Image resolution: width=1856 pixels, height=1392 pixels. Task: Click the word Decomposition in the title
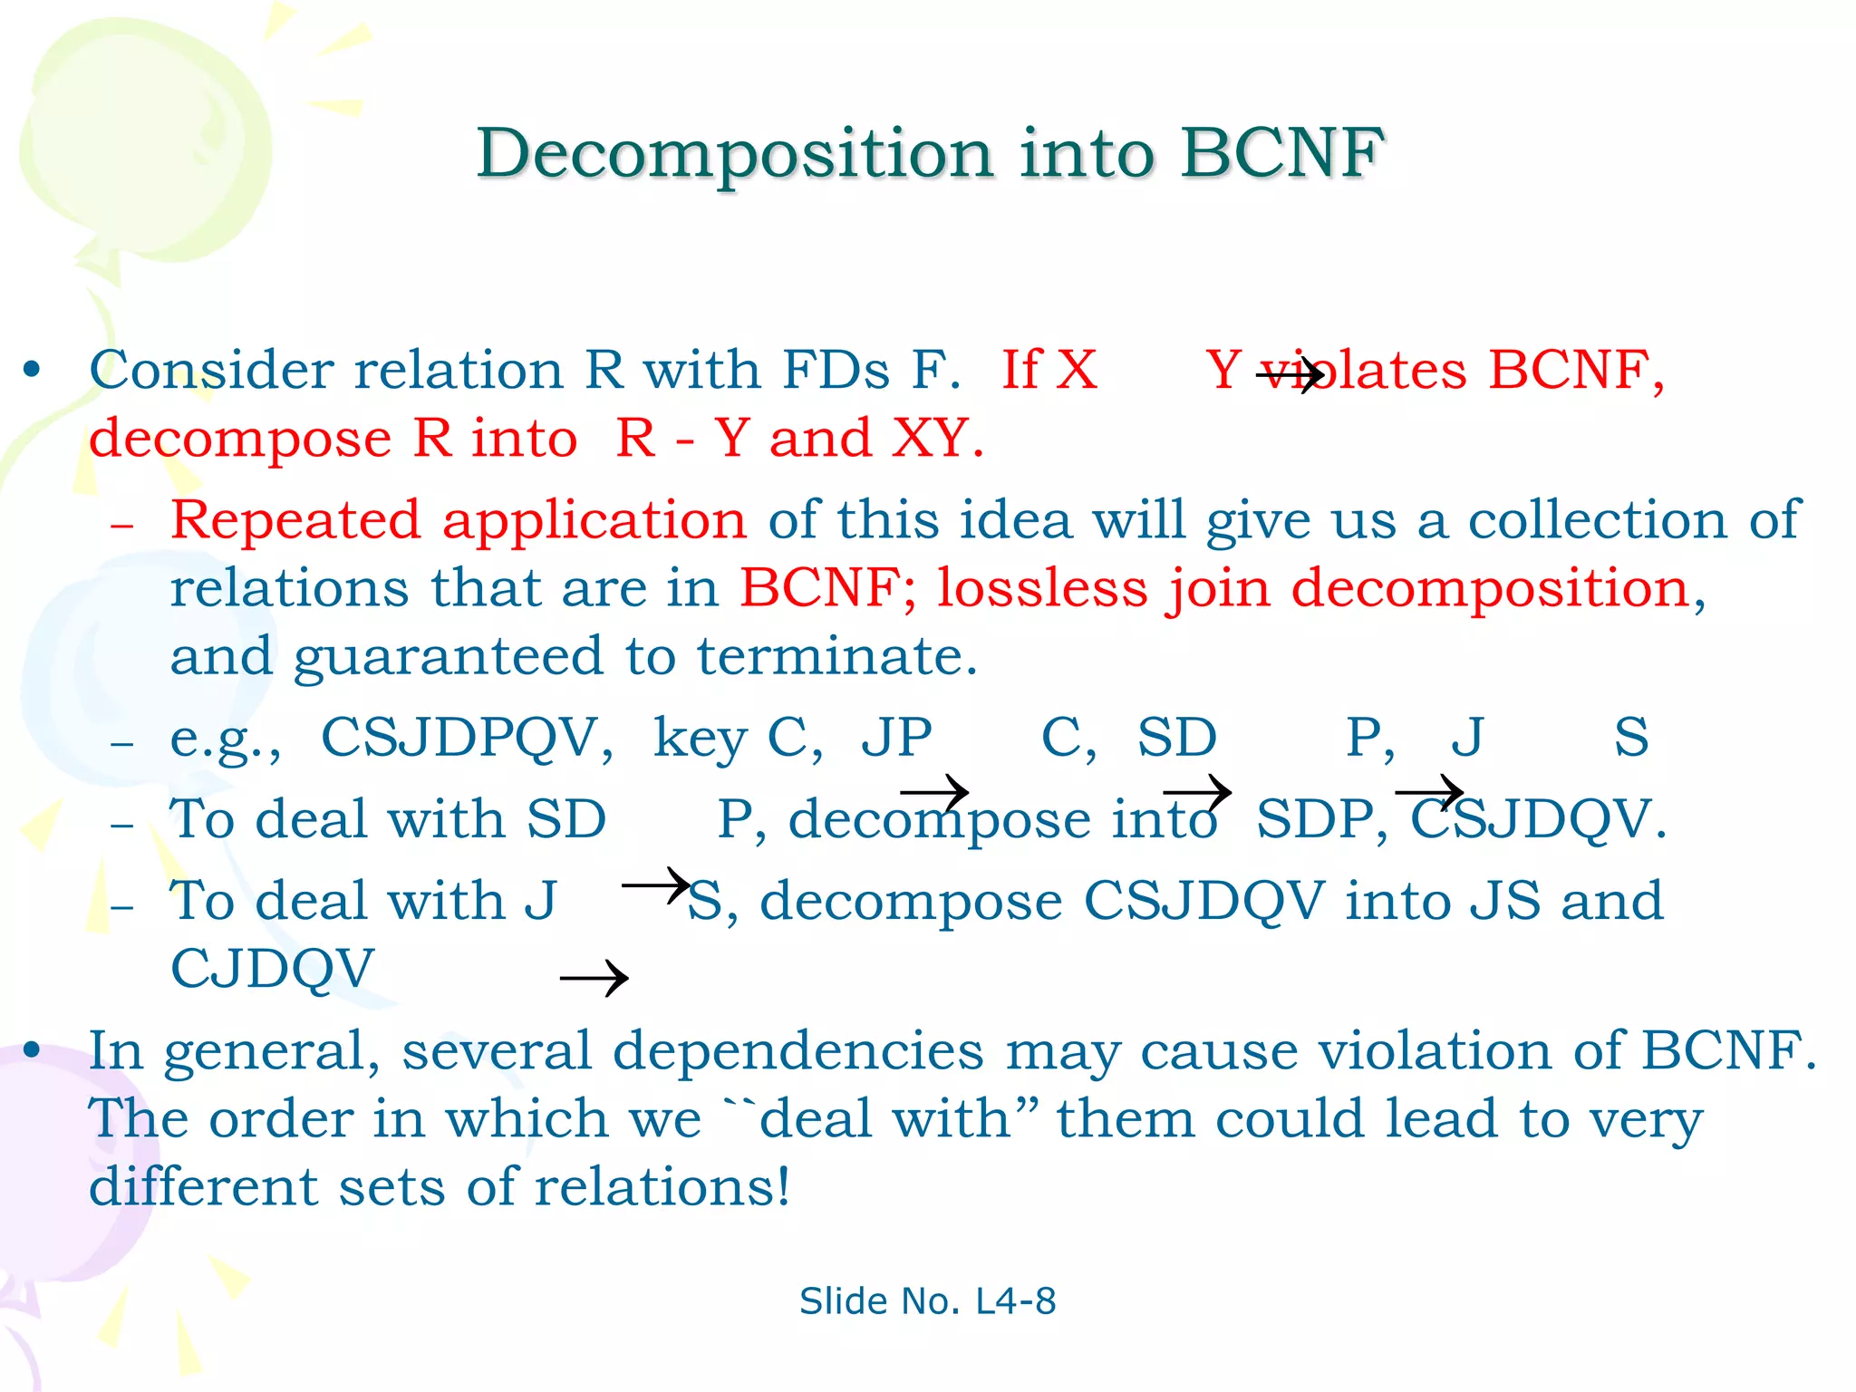735,154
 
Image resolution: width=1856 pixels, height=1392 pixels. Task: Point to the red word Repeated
295,520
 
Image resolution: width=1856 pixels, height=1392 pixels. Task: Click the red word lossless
1042,588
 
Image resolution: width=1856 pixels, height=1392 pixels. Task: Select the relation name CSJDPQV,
467,738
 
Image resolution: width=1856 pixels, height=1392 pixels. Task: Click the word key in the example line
701,738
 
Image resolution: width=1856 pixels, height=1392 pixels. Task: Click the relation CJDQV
272,969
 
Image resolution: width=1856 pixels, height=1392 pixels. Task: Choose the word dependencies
797,1051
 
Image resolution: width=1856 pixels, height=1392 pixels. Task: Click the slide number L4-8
1015,1301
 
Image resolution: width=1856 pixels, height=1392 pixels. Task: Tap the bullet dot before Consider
33,371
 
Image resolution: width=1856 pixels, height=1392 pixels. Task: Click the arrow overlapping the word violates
1290,374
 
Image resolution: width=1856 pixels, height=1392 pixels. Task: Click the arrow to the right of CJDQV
594,979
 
